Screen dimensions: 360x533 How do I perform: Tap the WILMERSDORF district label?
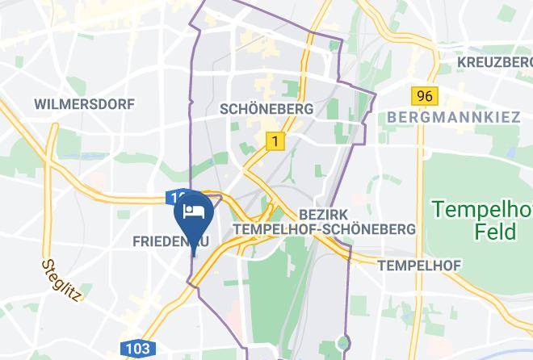pyautogui.click(x=84, y=104)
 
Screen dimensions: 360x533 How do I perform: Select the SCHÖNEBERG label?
pyautogui.click(x=266, y=108)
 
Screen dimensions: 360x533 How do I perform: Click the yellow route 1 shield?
pyautogui.click(x=276, y=141)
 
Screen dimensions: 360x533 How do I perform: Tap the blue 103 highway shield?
pyautogui.click(x=138, y=349)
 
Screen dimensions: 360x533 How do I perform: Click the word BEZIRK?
pyautogui.click(x=321, y=215)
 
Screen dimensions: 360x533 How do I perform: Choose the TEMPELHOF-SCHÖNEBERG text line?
pyautogui.click(x=324, y=229)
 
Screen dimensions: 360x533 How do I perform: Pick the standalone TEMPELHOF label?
pyautogui.click(x=418, y=266)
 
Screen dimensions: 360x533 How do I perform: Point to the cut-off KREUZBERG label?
pyautogui.click(x=494, y=62)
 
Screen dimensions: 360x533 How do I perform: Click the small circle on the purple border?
pyautogui.click(x=346, y=344)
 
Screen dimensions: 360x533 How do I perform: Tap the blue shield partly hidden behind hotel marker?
pyautogui.click(x=175, y=196)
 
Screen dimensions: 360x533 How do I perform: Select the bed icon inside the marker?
pyautogui.click(x=193, y=212)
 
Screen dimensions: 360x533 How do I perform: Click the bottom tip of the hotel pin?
pyautogui.click(x=193, y=253)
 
